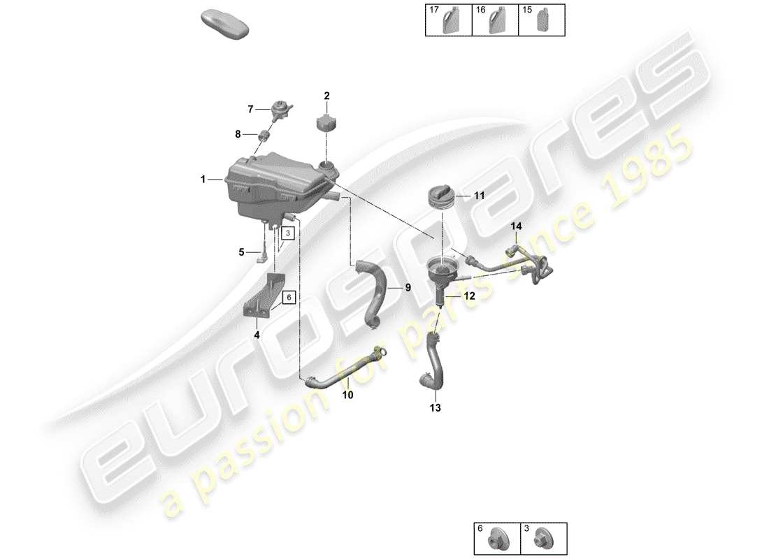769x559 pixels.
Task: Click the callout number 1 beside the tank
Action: click(x=203, y=180)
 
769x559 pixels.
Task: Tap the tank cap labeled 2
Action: click(x=326, y=122)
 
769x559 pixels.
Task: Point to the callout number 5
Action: click(x=242, y=252)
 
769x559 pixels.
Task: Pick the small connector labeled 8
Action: click(x=265, y=134)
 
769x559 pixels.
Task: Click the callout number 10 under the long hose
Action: click(x=347, y=395)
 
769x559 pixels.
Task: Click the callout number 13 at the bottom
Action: click(x=436, y=407)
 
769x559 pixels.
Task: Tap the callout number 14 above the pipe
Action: click(x=516, y=226)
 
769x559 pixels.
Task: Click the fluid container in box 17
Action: click(x=450, y=23)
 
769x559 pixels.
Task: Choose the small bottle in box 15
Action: click(x=542, y=23)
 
